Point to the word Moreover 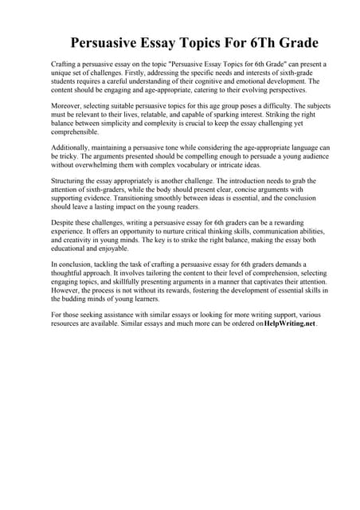click(68, 104)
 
